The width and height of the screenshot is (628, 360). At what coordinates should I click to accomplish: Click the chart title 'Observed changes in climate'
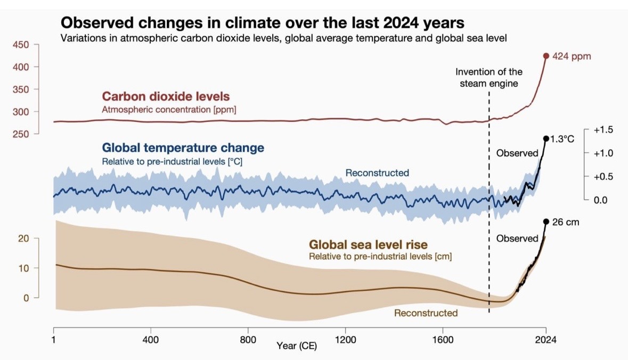[262, 23]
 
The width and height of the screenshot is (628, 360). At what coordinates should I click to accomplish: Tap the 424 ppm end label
[572, 56]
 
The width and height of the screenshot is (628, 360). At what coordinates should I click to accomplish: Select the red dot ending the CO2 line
[546, 55]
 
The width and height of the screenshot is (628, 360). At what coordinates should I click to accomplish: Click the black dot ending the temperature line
[546, 138]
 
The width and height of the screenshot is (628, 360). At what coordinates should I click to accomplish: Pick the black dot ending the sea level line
[546, 222]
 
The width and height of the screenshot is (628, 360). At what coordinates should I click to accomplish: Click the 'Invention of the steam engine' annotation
[489, 77]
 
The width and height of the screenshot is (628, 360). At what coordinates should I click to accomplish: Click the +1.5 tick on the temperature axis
[603, 130]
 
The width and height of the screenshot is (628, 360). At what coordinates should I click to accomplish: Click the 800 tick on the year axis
[248, 339]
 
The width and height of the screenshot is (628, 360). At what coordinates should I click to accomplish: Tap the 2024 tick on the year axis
[545, 339]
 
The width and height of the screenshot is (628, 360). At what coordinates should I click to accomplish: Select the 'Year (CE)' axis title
[297, 346]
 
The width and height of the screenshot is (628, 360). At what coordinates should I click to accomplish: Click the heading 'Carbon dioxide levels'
[166, 97]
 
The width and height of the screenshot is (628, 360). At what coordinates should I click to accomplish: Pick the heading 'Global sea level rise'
[368, 245]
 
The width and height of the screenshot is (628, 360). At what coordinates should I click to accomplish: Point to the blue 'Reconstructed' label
[377, 173]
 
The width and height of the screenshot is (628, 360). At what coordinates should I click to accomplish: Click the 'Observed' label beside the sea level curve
[517, 239]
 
